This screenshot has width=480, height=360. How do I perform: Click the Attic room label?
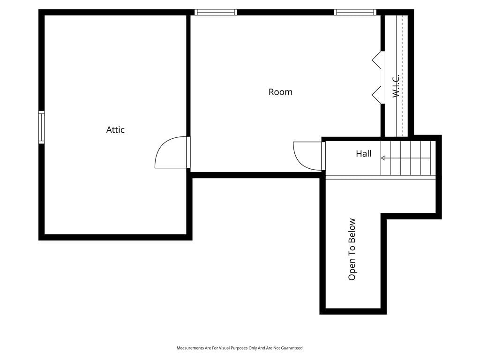coord(115,130)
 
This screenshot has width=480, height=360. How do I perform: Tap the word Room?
coord(280,92)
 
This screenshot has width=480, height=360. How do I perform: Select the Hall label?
coord(364,153)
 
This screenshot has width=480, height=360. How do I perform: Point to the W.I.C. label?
coord(396,86)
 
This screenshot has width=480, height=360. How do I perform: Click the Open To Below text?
coord(352,249)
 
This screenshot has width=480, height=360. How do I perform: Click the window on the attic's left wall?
coord(41,127)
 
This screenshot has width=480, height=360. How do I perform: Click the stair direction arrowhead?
coord(383,158)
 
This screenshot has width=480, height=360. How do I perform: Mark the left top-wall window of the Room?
coord(216,12)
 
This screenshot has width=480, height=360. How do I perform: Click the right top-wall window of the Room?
coord(355,12)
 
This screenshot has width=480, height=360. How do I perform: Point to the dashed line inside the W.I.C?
coord(402,75)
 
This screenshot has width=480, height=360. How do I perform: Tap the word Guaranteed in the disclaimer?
coord(293,348)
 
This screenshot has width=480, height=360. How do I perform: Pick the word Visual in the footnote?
coord(225,348)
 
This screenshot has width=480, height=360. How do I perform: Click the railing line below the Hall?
coord(381,177)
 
